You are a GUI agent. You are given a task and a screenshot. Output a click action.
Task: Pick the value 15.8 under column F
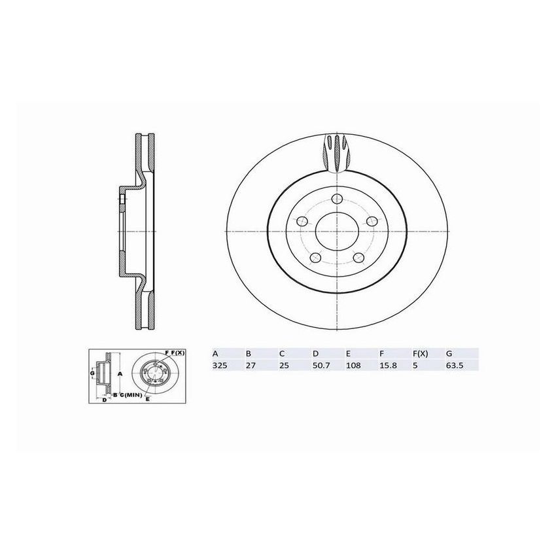(x=386, y=366)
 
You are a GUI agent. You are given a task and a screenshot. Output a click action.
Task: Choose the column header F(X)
(x=419, y=353)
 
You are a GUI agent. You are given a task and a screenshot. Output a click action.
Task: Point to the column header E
(x=347, y=353)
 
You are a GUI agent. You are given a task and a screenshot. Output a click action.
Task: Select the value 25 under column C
(x=283, y=366)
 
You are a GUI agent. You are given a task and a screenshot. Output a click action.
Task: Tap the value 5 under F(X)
(x=415, y=366)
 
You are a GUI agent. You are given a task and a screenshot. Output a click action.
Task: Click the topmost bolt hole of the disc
(x=337, y=200)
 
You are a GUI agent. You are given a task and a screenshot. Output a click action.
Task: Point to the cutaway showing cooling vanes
(x=338, y=153)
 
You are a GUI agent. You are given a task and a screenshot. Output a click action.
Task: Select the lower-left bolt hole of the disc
(x=315, y=257)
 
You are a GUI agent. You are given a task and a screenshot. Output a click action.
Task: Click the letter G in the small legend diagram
(x=92, y=374)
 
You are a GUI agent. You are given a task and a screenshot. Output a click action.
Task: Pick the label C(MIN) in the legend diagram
(x=130, y=395)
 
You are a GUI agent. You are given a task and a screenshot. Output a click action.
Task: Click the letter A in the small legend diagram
(x=120, y=374)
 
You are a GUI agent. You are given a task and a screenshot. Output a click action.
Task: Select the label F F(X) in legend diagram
(x=175, y=353)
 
